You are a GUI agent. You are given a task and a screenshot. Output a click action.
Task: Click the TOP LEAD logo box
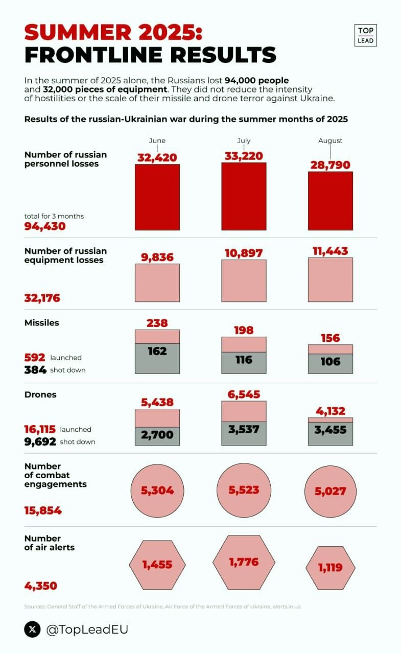tap(365, 35)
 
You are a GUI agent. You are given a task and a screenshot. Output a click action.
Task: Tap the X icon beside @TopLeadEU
tap(32, 629)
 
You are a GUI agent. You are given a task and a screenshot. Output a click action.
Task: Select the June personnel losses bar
tap(157, 197)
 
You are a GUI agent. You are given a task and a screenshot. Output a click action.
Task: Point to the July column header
tap(244, 141)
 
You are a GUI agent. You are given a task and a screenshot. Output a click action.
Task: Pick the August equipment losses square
tap(330, 279)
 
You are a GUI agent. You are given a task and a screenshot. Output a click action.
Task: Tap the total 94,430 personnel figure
tap(45, 226)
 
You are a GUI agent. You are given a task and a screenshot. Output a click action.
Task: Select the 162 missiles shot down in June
tap(157, 351)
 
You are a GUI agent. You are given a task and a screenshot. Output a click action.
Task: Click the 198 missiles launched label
tap(244, 330)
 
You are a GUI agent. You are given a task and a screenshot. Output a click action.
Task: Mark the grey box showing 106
tap(330, 362)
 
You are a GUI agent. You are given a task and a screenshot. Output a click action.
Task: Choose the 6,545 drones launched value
tap(244, 394)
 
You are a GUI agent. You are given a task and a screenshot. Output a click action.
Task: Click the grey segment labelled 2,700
tap(157, 435)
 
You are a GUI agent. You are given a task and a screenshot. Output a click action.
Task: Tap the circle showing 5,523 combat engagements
tap(244, 490)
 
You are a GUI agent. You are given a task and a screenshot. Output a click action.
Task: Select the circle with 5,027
tap(330, 492)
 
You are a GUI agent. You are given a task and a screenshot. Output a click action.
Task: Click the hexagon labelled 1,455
tap(157, 565)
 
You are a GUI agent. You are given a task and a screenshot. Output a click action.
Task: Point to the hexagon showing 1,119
tap(330, 567)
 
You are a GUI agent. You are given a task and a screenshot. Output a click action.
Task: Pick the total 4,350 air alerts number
tap(41, 586)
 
